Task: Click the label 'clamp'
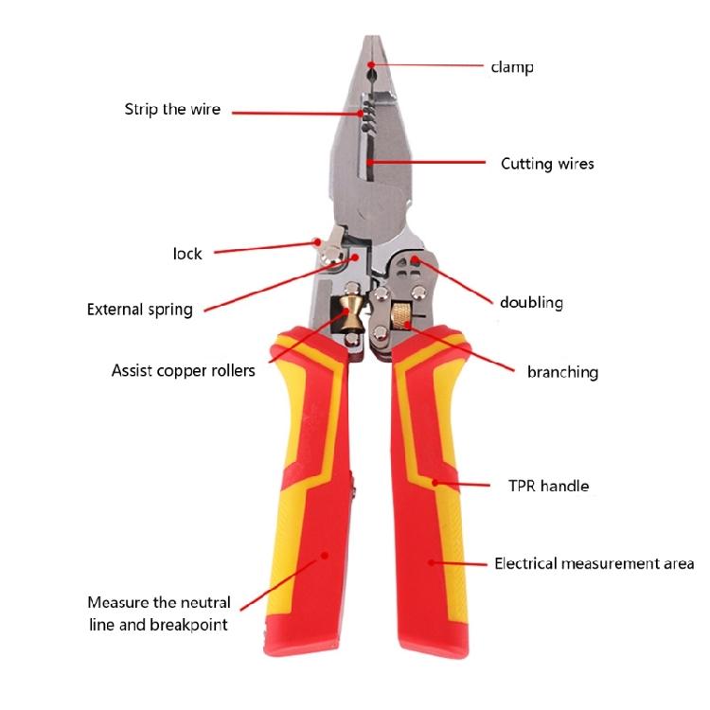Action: point(511,67)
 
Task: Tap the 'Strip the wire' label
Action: point(172,110)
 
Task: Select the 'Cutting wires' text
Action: point(547,164)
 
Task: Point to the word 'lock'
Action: point(187,254)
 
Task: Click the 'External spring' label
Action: point(139,310)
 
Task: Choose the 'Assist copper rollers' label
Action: point(183,370)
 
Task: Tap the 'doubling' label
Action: point(531,303)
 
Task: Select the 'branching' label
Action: point(562,372)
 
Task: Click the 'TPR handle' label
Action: point(548,486)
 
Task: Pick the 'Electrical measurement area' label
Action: point(595,564)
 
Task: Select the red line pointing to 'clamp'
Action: point(426,65)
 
